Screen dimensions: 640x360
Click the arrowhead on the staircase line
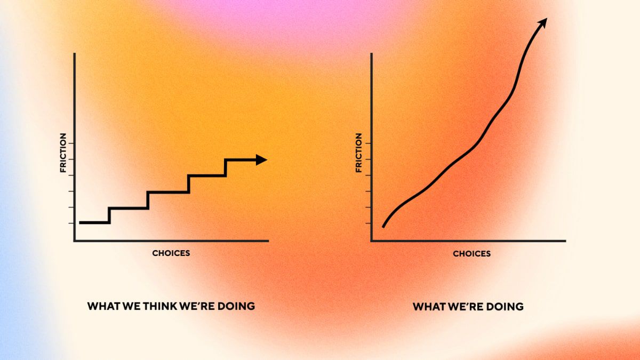tap(261, 159)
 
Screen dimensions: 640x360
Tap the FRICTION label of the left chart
tap(63, 153)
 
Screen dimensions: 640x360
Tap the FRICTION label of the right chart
tap(358, 153)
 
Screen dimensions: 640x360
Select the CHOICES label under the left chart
tap(171, 253)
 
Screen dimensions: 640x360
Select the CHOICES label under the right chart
tap(471, 254)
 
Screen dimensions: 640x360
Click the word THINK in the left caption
tap(160, 306)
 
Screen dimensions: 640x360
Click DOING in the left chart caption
tap(236, 306)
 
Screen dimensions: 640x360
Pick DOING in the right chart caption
tap(505, 307)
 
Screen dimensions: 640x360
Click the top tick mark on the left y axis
tap(71, 143)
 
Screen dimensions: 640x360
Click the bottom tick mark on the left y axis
tap(71, 223)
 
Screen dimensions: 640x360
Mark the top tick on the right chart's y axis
tap(369, 143)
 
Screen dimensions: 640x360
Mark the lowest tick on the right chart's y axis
tap(369, 223)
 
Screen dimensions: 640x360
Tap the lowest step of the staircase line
tap(94, 222)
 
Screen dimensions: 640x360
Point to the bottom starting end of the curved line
tap(383, 227)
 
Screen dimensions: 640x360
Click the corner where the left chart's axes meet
tap(75, 241)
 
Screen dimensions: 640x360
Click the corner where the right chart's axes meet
tap(371, 241)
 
